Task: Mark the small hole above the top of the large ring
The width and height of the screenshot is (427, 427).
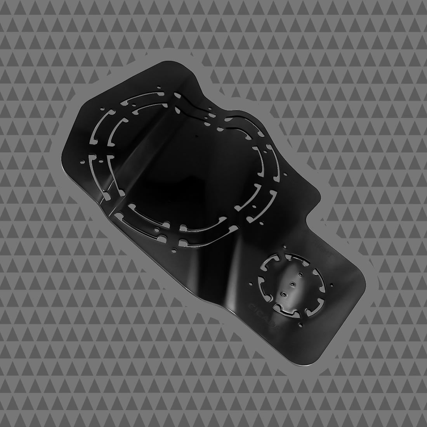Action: (x=158, y=87)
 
